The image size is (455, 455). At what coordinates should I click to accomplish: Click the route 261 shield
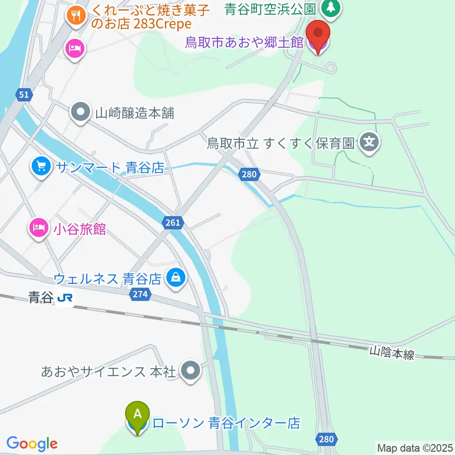[173, 222]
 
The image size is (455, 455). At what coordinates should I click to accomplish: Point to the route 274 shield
[140, 295]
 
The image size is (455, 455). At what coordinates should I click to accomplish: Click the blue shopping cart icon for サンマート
[41, 166]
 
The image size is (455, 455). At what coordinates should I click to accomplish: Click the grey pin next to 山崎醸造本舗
[80, 113]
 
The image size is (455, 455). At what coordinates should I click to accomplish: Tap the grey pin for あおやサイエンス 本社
[191, 371]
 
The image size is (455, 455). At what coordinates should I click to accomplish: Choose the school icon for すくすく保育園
[370, 142]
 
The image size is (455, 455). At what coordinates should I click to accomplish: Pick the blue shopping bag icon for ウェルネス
[176, 278]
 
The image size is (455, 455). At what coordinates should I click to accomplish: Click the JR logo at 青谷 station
[65, 298]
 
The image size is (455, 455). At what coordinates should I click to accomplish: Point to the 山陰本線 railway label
[391, 353]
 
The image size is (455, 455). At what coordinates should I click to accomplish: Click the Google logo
[32, 444]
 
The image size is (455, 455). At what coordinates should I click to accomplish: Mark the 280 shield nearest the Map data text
[327, 439]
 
